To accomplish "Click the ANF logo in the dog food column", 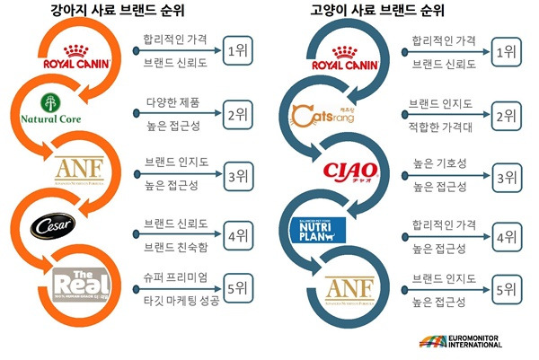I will pos(77,169).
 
